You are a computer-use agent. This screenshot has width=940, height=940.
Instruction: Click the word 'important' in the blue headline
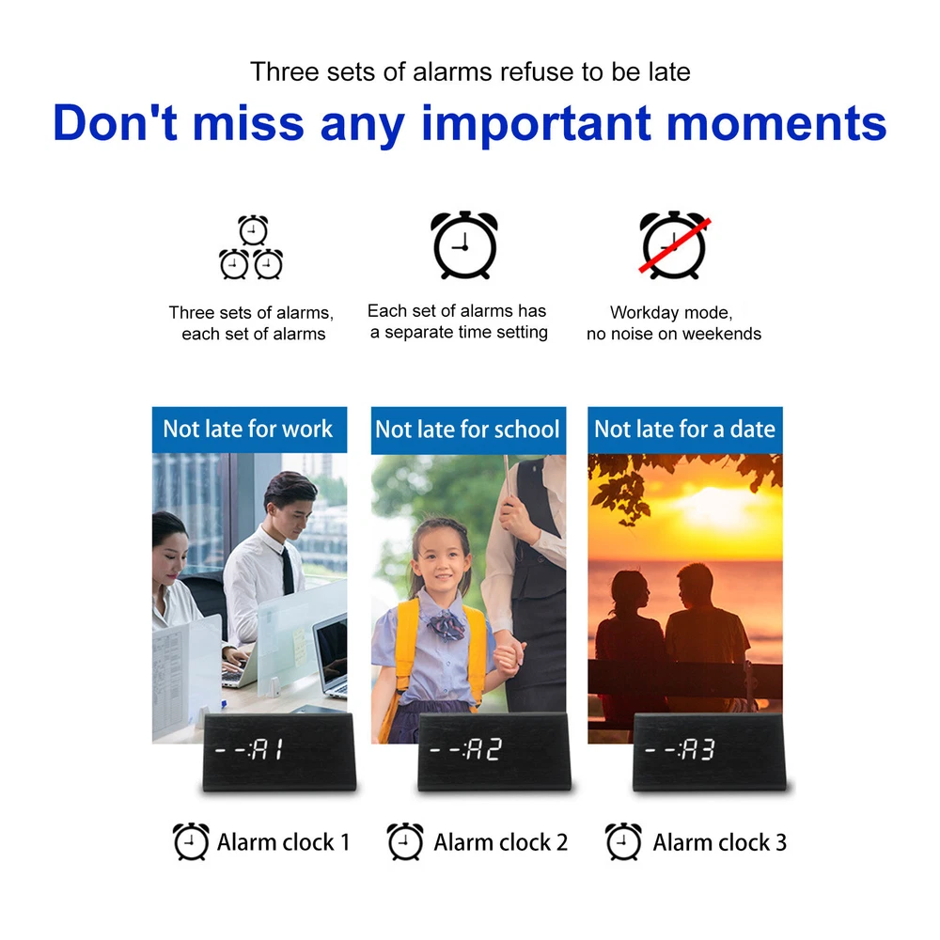(x=537, y=123)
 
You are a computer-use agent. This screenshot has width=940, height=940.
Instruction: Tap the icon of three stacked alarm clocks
(x=251, y=247)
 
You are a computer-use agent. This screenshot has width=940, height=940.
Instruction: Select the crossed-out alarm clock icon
(x=674, y=244)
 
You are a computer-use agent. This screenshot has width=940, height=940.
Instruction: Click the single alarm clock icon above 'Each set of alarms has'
(x=464, y=244)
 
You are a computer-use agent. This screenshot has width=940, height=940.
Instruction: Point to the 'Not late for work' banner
(x=249, y=430)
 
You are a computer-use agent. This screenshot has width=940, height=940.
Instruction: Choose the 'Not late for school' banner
(x=468, y=430)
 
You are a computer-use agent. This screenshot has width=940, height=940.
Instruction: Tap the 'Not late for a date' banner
(x=684, y=430)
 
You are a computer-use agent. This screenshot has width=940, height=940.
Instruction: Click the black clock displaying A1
(x=279, y=752)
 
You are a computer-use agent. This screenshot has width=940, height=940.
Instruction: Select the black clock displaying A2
(x=494, y=752)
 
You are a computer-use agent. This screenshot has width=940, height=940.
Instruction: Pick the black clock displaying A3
(x=709, y=752)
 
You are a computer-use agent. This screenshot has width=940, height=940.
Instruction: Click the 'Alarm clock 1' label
(x=283, y=842)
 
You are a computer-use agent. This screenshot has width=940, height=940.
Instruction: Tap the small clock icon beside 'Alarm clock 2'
(x=405, y=841)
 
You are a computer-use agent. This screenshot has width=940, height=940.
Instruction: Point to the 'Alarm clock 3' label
(x=719, y=842)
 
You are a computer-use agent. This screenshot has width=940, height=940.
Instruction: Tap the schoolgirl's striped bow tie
(x=446, y=624)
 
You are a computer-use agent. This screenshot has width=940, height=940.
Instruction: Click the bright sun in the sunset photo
(x=714, y=503)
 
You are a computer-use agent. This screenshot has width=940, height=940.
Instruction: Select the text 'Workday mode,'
(x=671, y=313)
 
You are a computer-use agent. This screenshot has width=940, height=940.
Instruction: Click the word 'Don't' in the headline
(x=115, y=123)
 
